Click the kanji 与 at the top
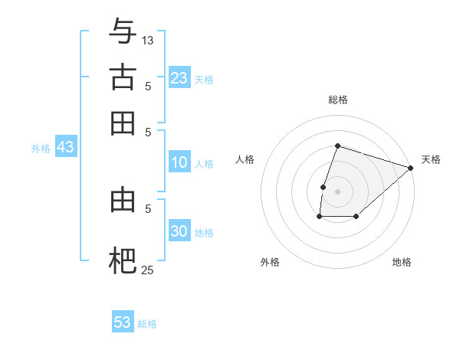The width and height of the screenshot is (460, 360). click(123, 32)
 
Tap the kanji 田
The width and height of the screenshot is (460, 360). click(123, 123)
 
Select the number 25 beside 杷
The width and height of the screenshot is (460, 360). click(148, 270)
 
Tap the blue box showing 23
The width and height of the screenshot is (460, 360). click(179, 77)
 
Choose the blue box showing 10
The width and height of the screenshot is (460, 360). click(179, 162)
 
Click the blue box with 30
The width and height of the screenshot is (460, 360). click(179, 231)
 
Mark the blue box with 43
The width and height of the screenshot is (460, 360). click(65, 147)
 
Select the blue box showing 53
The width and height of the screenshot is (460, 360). click(123, 322)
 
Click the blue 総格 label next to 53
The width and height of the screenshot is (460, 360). click(147, 324)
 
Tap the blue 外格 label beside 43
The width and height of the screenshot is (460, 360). click(41, 149)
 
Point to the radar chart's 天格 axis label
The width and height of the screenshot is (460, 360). click(431, 159)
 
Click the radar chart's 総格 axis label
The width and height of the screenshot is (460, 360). click(337, 100)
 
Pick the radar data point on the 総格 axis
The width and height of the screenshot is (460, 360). click(337, 146)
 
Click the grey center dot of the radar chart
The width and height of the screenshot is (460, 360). click(337, 191)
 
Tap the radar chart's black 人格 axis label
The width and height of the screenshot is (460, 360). click(245, 159)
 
